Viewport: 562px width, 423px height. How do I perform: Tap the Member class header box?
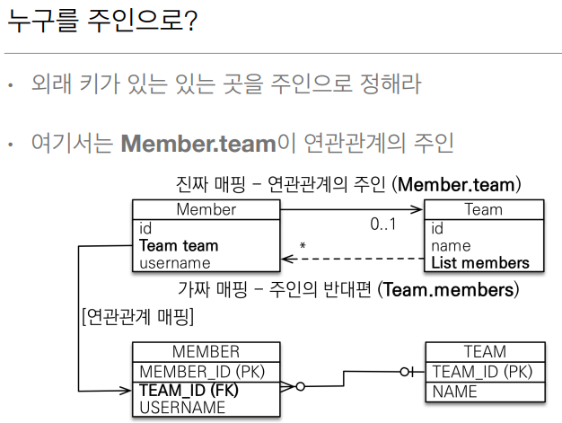point(206,209)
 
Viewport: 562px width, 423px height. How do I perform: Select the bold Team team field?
point(179,245)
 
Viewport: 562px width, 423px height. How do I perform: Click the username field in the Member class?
point(175,262)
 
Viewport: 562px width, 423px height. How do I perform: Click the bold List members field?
point(479,262)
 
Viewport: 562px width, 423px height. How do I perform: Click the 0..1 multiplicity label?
point(383,225)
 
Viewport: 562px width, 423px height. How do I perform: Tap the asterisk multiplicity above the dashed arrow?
point(303,245)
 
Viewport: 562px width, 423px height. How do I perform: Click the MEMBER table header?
point(205,351)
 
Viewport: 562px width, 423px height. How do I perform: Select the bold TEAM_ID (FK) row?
point(190,391)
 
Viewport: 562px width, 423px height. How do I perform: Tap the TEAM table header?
point(484,351)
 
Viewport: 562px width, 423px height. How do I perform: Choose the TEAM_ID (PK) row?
point(481,372)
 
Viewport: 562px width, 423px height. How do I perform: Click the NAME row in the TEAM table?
point(454,392)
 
